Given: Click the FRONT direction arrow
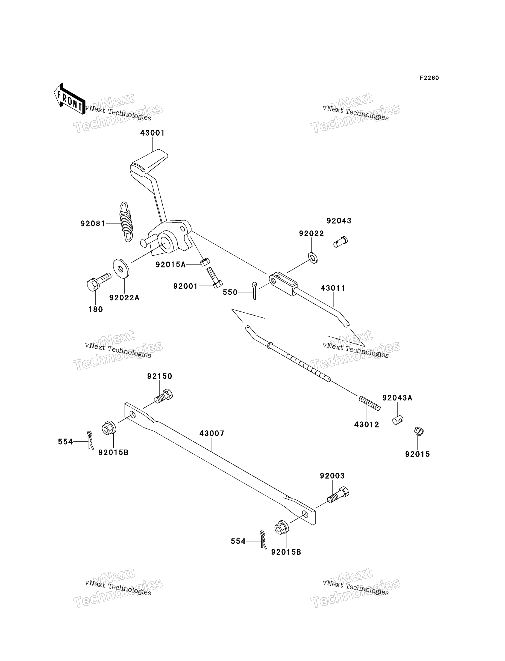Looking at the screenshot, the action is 69,99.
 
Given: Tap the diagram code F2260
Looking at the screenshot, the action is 429,78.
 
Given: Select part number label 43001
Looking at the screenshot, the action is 153,133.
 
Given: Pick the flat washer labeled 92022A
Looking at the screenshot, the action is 121,268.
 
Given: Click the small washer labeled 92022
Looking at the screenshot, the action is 313,258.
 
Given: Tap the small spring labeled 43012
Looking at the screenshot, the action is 370,403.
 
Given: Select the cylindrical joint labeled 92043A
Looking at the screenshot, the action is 398,420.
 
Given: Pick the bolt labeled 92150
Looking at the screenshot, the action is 164,396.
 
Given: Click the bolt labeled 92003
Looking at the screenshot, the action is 338,495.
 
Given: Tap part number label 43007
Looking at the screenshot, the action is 212,433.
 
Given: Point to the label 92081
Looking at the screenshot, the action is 93,224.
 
